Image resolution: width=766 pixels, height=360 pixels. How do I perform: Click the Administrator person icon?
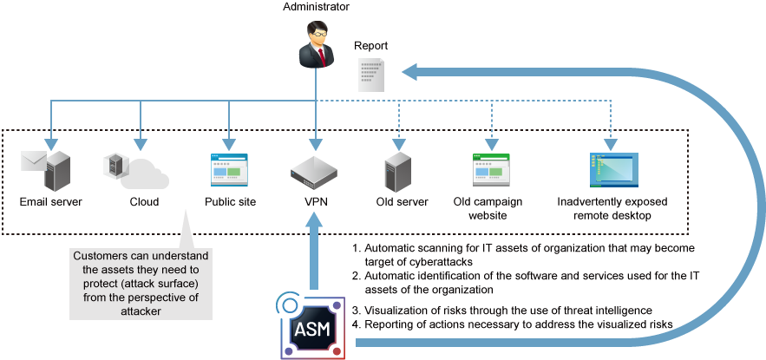click(x=316, y=46)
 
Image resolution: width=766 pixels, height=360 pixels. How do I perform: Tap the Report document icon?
click(x=372, y=75)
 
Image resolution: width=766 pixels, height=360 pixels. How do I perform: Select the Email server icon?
click(x=50, y=171)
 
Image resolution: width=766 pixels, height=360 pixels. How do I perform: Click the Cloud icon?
click(x=136, y=171)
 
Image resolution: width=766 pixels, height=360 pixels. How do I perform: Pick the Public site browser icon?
click(x=229, y=171)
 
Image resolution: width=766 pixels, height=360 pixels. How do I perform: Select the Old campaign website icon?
click(x=491, y=171)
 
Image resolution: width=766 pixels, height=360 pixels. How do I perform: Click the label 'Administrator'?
click(x=316, y=8)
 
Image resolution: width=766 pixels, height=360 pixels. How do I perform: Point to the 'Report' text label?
click(x=370, y=46)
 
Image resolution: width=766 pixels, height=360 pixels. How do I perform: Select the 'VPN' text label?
click(x=315, y=202)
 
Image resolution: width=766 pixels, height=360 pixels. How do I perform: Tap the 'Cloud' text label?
click(x=144, y=202)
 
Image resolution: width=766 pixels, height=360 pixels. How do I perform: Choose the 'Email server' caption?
click(x=50, y=202)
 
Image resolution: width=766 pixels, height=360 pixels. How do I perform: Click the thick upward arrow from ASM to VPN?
click(x=315, y=252)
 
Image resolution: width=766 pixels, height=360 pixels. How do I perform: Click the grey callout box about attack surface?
click(x=141, y=284)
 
